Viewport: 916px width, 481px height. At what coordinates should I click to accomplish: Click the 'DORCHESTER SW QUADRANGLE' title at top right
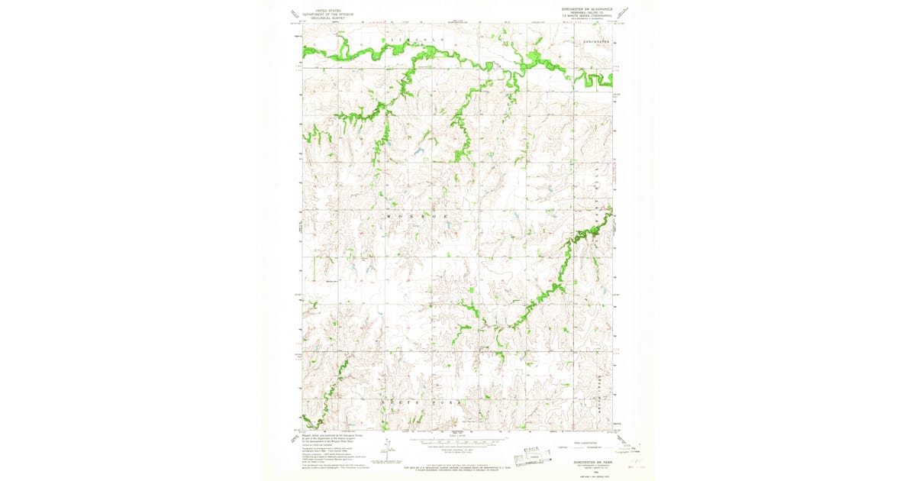click(582, 10)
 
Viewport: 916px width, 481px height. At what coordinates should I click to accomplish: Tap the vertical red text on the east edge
click(615, 165)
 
